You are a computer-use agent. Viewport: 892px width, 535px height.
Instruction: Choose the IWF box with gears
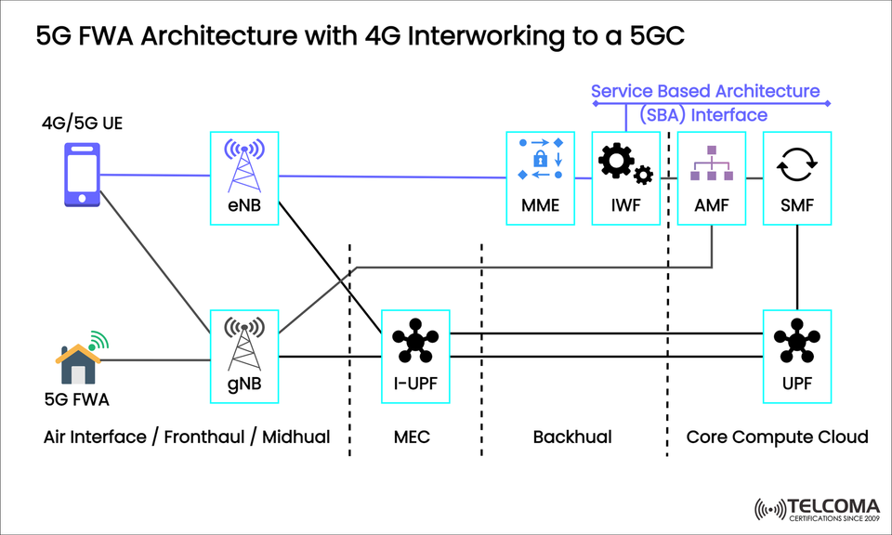click(x=626, y=178)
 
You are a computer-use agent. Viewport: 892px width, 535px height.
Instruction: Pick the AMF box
click(x=711, y=178)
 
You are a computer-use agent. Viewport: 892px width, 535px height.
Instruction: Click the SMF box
click(x=796, y=178)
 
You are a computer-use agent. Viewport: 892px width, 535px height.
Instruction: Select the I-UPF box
click(x=416, y=357)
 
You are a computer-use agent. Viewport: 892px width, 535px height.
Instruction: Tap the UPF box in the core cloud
click(x=796, y=357)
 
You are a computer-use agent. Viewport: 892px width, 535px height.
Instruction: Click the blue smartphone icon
click(x=81, y=174)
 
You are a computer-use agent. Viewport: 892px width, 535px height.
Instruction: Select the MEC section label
click(x=413, y=437)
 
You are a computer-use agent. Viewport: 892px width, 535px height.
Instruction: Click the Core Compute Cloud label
click(x=777, y=437)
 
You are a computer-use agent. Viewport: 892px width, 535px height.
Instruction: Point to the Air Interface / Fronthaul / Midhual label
click(x=187, y=437)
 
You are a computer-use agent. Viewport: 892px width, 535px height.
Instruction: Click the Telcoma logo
click(x=818, y=508)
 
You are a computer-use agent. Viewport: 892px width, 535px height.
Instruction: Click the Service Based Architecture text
click(x=705, y=91)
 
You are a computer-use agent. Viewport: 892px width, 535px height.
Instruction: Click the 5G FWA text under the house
click(x=76, y=400)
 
